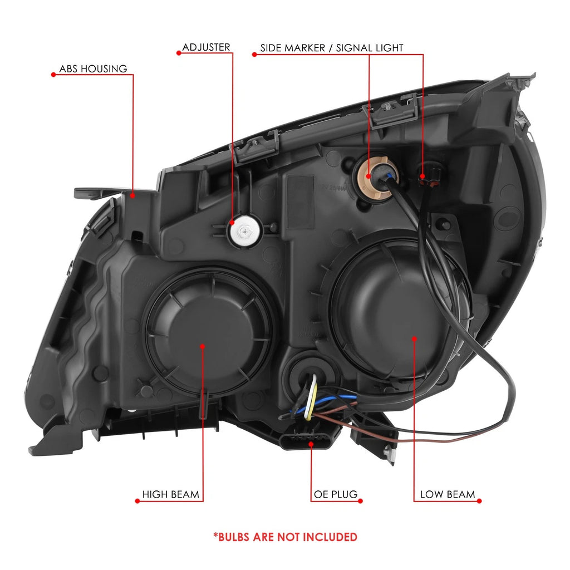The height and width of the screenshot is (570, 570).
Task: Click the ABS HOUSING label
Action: pyautogui.click(x=93, y=68)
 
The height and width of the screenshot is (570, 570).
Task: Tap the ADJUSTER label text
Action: pyautogui.click(x=206, y=47)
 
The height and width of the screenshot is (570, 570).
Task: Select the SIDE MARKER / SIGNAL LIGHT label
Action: pyautogui.click(x=332, y=48)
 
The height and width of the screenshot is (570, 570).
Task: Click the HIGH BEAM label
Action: pyautogui.click(x=170, y=494)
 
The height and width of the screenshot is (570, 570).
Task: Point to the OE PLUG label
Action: pyautogui.click(x=336, y=494)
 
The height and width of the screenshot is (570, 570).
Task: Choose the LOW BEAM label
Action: pyautogui.click(x=448, y=494)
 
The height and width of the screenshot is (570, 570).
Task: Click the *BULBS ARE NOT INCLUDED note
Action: pyautogui.click(x=286, y=537)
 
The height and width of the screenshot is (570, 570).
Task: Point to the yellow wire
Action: pyautogui.click(x=312, y=400)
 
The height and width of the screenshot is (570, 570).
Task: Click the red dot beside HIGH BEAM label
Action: pyautogui.click(x=137, y=501)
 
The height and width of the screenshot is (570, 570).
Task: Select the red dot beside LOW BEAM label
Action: pyautogui.click(x=479, y=501)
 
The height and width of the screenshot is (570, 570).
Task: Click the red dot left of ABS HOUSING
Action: pyautogui.click(x=53, y=75)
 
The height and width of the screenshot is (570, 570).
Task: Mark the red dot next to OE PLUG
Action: pyautogui.click(x=360, y=501)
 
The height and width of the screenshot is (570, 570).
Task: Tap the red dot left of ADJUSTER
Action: pyautogui.click(x=179, y=53)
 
